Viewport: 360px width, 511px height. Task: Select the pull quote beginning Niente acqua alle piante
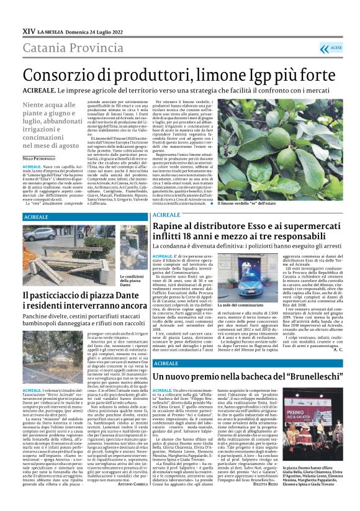(53, 124)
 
